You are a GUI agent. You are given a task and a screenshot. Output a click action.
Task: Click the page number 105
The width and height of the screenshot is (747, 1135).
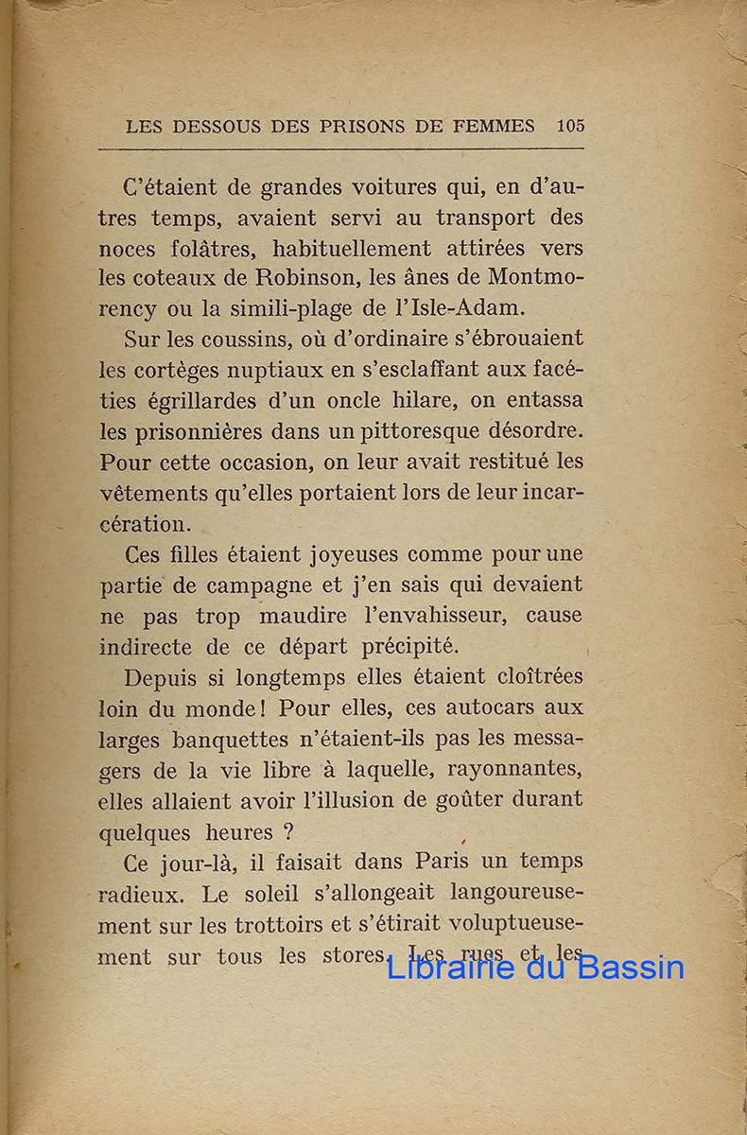(x=570, y=126)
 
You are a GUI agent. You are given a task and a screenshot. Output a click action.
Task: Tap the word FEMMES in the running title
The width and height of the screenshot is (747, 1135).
(x=499, y=126)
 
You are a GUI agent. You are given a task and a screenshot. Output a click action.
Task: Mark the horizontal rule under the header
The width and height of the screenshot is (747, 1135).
(x=340, y=149)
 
